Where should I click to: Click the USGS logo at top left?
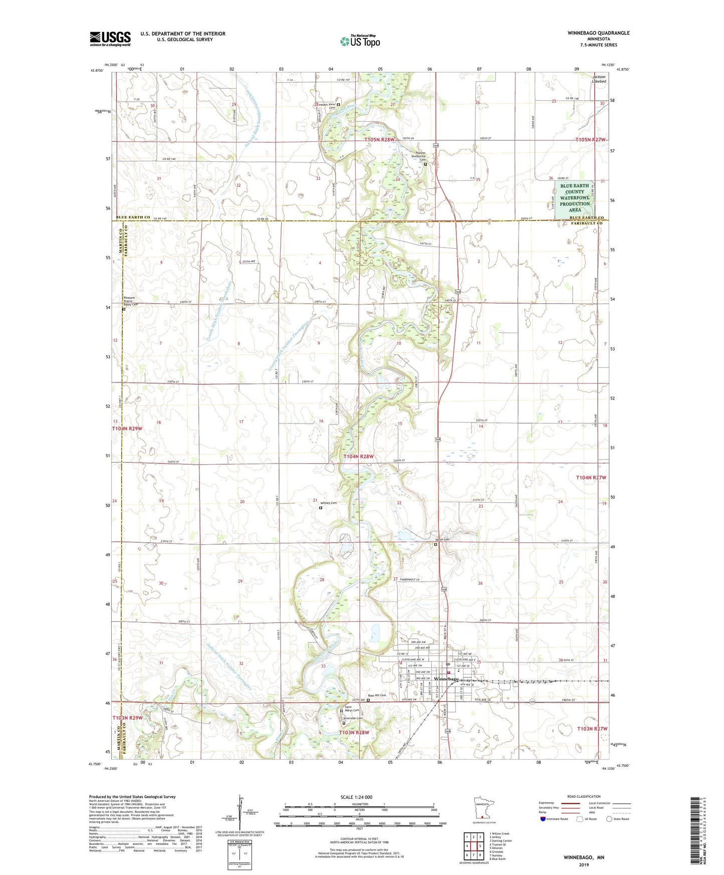[110, 38]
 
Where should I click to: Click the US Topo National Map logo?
[360, 41]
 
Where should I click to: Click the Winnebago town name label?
[446, 679]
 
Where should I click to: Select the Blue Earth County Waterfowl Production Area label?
[575, 198]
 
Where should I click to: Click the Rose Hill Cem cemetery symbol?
[368, 701]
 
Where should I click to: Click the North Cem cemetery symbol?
[435, 544]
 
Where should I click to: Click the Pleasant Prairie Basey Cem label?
[131, 301]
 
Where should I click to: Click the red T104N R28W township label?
[358, 457]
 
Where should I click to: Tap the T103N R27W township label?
[592, 729]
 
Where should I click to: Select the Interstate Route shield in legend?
[543, 819]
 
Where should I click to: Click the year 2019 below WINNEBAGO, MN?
[584, 865]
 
